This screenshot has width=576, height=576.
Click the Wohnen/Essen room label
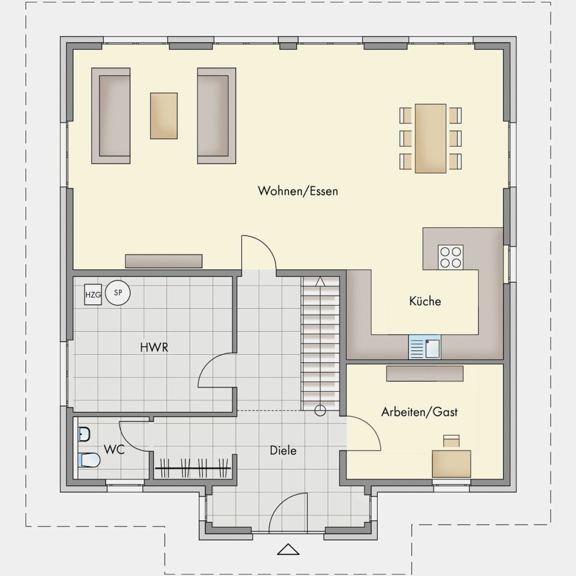coord(298,191)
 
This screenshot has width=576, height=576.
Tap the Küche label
coord(425,301)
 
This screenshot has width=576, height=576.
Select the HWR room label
coord(154,347)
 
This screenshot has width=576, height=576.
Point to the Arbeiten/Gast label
coord(419,412)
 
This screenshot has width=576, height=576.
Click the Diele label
coord(283,450)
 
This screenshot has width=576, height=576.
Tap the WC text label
coord(114,449)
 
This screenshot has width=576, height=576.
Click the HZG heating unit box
coord(93,294)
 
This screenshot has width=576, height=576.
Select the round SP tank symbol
coord(118,293)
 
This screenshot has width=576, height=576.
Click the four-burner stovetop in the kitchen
coord(451,257)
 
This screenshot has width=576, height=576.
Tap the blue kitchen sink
coord(425,347)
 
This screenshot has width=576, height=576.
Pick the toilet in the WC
coord(89,460)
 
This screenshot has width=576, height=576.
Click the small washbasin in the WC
coord(84,434)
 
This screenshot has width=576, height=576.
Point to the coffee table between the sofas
coord(164,116)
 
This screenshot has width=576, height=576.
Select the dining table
coord(430,138)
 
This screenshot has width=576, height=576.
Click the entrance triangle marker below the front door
coord(289,549)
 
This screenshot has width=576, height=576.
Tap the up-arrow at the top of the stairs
coord(320,282)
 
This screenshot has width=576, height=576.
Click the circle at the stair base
coord(320,411)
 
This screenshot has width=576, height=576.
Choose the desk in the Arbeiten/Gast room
coord(452,464)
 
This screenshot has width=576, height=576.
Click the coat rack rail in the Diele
coord(193,468)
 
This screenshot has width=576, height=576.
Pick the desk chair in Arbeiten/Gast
coord(452,441)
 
